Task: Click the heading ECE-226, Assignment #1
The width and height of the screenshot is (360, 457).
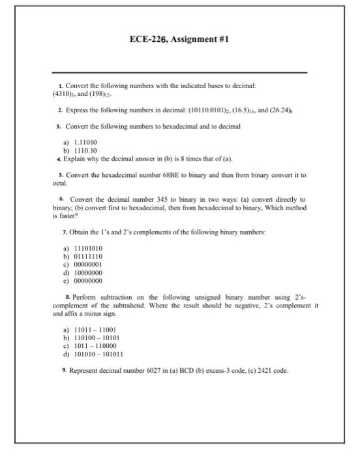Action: point(179,40)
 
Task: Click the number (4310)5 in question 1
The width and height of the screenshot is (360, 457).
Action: point(64,93)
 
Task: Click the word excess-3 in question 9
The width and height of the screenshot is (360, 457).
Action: point(207,371)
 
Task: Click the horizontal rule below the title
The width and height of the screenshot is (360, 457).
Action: point(179,72)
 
